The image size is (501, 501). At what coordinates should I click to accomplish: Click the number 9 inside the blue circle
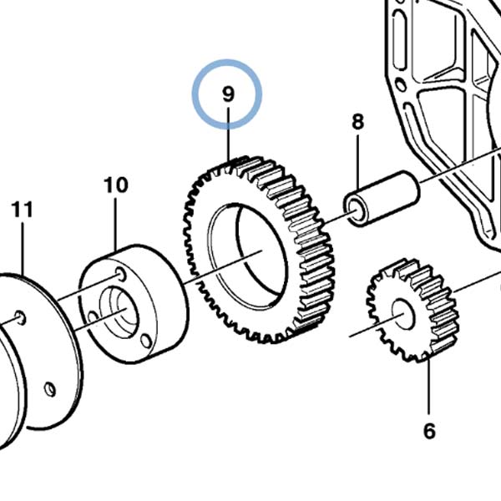[228, 94]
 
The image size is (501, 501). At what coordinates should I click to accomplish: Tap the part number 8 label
[357, 122]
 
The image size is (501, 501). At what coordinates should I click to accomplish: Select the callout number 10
[116, 185]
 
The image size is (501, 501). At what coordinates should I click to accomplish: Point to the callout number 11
[23, 209]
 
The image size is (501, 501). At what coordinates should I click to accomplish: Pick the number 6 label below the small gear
[429, 431]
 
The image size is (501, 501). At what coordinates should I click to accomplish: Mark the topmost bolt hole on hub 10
[122, 273]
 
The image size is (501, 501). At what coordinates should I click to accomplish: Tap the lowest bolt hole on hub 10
[145, 341]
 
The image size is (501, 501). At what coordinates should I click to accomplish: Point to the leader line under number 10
[116, 222]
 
